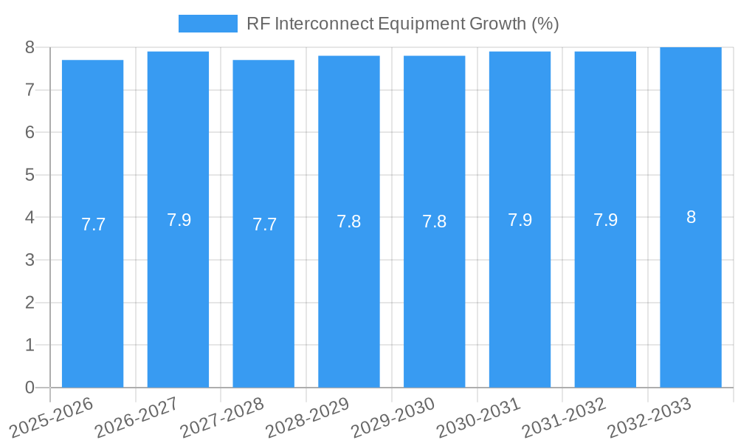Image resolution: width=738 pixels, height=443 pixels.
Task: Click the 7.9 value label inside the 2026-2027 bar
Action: (x=179, y=220)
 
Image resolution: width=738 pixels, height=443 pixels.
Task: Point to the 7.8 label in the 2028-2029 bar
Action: (x=349, y=221)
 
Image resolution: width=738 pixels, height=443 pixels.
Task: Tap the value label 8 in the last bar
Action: (x=691, y=217)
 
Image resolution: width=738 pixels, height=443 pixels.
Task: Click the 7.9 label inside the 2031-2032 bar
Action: (x=605, y=220)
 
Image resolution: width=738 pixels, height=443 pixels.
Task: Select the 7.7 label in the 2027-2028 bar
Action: (x=264, y=224)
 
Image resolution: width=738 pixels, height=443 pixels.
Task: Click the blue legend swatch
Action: (x=207, y=24)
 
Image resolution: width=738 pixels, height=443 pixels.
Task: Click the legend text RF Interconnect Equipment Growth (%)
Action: (x=402, y=24)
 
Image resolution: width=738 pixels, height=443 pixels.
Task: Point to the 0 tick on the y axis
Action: (x=30, y=388)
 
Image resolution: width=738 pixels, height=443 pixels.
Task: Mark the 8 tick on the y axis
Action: (x=30, y=47)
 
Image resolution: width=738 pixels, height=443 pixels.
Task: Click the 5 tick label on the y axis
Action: (x=30, y=175)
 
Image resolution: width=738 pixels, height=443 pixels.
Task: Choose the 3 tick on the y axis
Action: (x=30, y=260)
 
